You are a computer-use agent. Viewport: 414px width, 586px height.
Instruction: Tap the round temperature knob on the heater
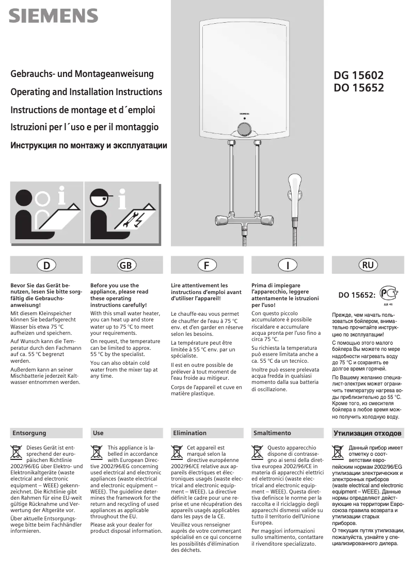244,128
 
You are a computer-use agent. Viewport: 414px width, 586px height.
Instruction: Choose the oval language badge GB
125,265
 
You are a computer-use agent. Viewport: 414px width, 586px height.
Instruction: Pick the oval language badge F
206,265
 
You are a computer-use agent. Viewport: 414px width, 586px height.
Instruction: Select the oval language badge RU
368,265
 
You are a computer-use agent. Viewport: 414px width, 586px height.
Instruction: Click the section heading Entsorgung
29,433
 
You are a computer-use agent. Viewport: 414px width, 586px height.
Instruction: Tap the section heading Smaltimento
272,433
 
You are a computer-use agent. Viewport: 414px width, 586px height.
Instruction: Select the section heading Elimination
190,433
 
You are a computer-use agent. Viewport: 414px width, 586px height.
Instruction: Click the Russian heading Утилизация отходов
368,433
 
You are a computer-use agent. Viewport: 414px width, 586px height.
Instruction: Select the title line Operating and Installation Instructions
86,92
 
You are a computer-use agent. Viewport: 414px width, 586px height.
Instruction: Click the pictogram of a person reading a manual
47,212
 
